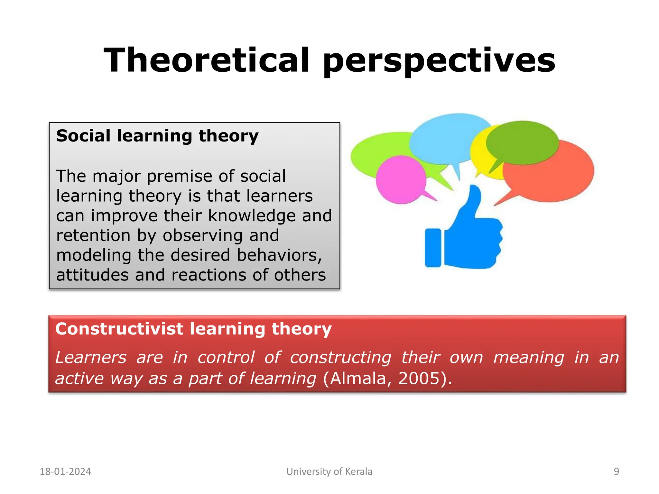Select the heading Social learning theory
pos(157,136)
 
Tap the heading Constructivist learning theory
pos(193,329)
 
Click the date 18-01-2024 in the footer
pos(65,471)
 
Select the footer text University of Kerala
pos(329,471)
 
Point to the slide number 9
pos(616,471)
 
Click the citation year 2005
pos(419,378)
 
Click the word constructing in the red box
pos(340,358)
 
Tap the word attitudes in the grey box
pos(92,275)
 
